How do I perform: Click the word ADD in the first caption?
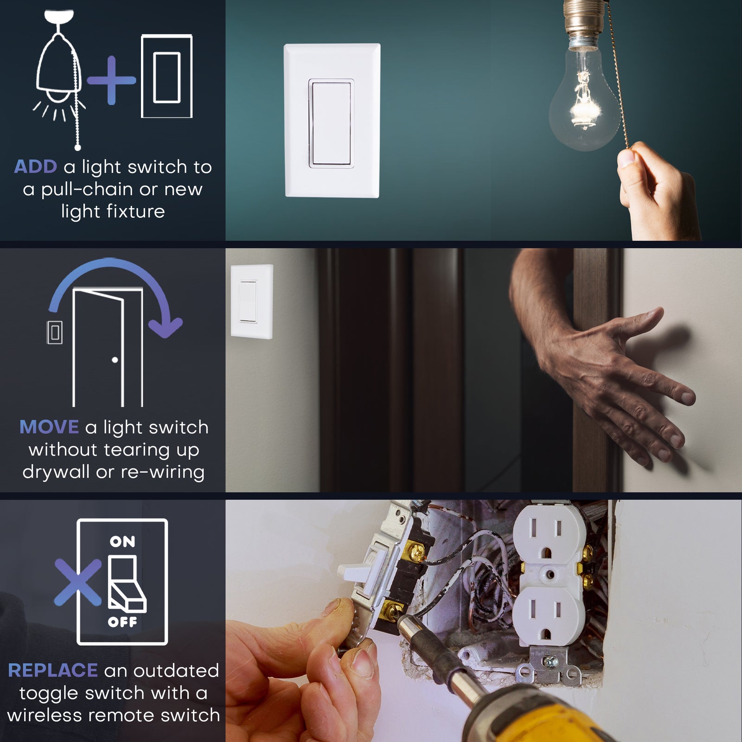pyautogui.click(x=36, y=167)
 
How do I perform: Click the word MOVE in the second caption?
pyautogui.click(x=49, y=427)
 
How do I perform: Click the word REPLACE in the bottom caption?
pyautogui.click(x=53, y=671)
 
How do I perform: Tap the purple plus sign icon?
pyautogui.click(x=111, y=80)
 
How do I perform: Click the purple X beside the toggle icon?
pyautogui.click(x=77, y=582)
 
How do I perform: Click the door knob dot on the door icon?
pyautogui.click(x=115, y=360)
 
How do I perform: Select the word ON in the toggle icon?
pyautogui.click(x=122, y=542)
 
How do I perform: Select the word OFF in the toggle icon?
pyautogui.click(x=122, y=622)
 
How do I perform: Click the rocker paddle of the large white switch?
pyautogui.click(x=331, y=123)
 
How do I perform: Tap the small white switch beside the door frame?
pyautogui.click(x=252, y=301)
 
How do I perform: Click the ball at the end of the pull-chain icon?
pyautogui.click(x=78, y=147)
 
